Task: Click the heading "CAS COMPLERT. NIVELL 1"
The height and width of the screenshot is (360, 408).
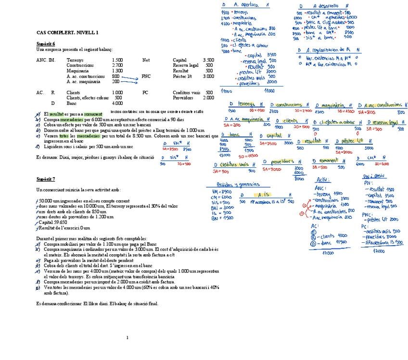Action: click(x=67, y=33)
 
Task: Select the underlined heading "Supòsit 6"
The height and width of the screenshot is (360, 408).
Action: click(x=46, y=44)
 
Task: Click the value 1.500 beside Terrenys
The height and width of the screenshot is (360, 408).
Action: click(x=117, y=60)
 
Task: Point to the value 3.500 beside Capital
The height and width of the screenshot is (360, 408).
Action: click(x=208, y=60)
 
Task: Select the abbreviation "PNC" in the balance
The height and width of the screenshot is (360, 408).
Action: click(x=146, y=76)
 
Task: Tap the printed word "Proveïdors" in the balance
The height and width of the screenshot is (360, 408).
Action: click(x=183, y=98)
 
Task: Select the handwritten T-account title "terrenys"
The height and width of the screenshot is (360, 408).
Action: click(x=247, y=104)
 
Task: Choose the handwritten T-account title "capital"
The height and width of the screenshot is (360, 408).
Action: click(x=274, y=136)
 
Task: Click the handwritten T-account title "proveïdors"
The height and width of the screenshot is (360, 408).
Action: click(x=282, y=162)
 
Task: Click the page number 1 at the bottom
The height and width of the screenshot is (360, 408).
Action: click(x=127, y=337)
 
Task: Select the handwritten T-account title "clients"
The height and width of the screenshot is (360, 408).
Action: click(x=291, y=121)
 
